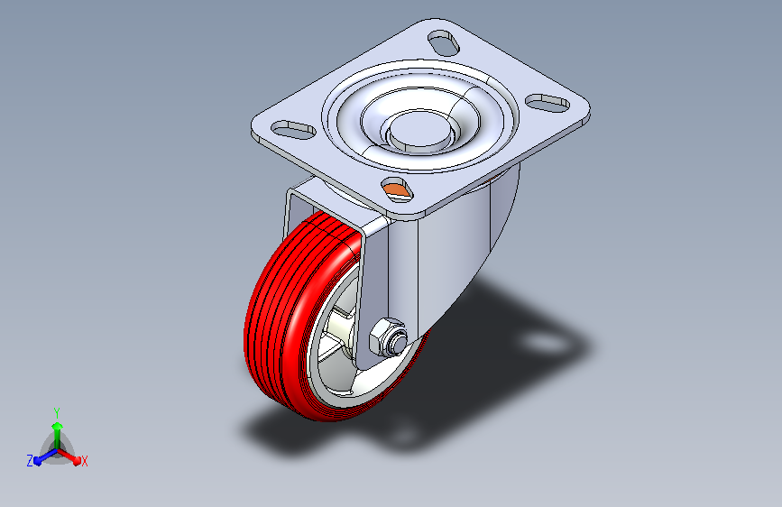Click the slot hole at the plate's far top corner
(x=444, y=43)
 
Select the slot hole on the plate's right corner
(x=547, y=103)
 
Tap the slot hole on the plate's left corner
(x=293, y=129)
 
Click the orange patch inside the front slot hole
(x=395, y=189)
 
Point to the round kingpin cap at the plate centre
(x=420, y=129)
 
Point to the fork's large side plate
(x=449, y=250)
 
